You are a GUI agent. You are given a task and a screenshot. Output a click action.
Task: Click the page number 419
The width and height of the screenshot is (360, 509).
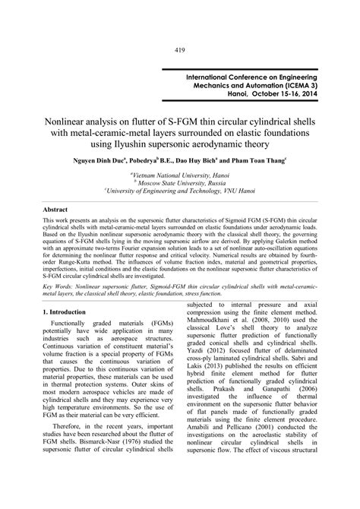(180, 30)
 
